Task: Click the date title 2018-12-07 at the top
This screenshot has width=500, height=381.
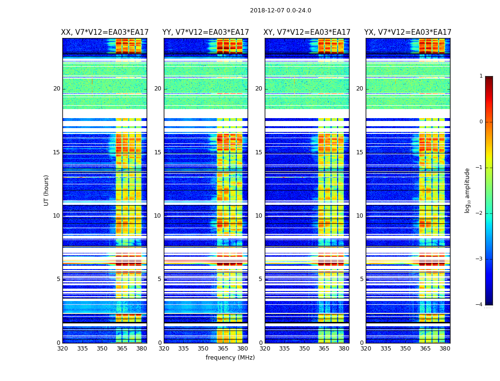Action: click(x=280, y=10)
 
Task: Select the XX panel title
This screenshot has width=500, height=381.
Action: click(x=105, y=32)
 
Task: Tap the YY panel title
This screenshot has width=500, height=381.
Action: click(x=206, y=32)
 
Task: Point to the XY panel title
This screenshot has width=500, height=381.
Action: click(x=307, y=32)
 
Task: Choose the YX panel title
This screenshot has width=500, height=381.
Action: click(x=408, y=32)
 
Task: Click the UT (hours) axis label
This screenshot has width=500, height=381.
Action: click(x=47, y=190)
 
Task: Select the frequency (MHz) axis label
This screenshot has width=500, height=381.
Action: click(x=230, y=358)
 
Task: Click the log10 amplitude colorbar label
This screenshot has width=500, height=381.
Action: click(x=468, y=190)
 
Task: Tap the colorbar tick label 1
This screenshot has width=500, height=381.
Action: click(x=481, y=76)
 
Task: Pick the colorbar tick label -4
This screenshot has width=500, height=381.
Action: click(x=480, y=305)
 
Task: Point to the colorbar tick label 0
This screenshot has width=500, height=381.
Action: click(x=481, y=122)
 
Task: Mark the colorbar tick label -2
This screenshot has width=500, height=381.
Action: click(x=480, y=213)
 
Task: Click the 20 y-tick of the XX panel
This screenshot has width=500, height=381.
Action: click(x=57, y=89)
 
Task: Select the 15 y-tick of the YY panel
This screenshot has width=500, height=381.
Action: click(x=158, y=152)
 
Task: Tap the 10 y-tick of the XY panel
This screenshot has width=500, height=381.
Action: click(x=259, y=216)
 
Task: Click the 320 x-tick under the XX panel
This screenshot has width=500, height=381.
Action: click(x=62, y=349)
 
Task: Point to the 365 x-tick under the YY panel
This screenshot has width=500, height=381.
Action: click(x=223, y=349)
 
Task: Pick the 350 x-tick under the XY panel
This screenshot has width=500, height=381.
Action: click(x=304, y=349)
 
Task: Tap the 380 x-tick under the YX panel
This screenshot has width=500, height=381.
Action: click(x=445, y=349)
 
